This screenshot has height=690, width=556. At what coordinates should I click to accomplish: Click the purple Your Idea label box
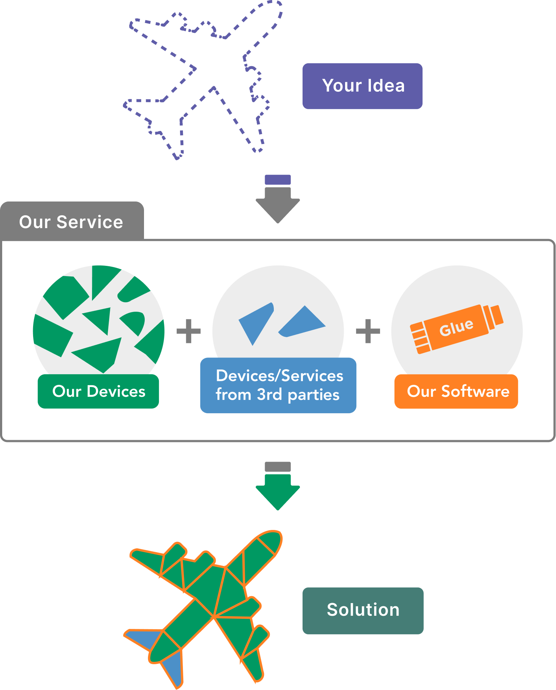point(362,86)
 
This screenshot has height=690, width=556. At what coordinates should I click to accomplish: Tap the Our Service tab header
point(72,222)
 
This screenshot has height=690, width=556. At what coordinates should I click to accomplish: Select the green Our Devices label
point(98,391)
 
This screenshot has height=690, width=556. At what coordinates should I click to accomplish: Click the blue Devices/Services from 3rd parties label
point(278,385)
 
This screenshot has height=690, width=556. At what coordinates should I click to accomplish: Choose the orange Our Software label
point(456,391)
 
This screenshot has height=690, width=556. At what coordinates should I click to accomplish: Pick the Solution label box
point(363,610)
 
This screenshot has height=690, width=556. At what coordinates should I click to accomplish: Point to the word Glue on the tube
point(456,327)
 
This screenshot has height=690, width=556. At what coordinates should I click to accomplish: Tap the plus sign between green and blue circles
point(188,331)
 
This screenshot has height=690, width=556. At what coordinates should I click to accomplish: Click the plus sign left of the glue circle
point(368,331)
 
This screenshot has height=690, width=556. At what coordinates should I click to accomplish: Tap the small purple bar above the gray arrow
point(278,180)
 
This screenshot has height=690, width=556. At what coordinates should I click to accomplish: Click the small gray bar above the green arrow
point(278,466)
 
